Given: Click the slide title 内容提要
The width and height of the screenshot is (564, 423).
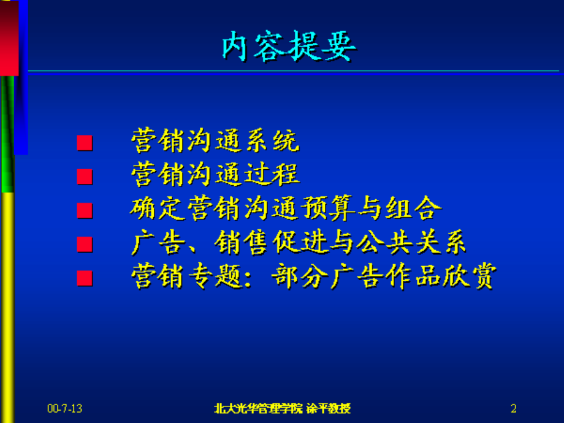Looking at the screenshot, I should pos(288,47).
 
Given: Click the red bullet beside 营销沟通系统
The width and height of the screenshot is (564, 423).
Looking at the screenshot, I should pos(85,144).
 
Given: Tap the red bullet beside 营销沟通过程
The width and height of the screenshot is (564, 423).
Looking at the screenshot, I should pos(85,178).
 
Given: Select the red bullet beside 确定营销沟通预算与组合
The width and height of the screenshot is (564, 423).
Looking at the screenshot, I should pos(85,211).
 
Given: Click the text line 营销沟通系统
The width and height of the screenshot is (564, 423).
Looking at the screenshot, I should pos(215,142).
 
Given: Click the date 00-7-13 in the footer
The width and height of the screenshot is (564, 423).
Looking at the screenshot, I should pos(64,408).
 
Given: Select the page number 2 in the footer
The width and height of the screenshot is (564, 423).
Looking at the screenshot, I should pos(514,408).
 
